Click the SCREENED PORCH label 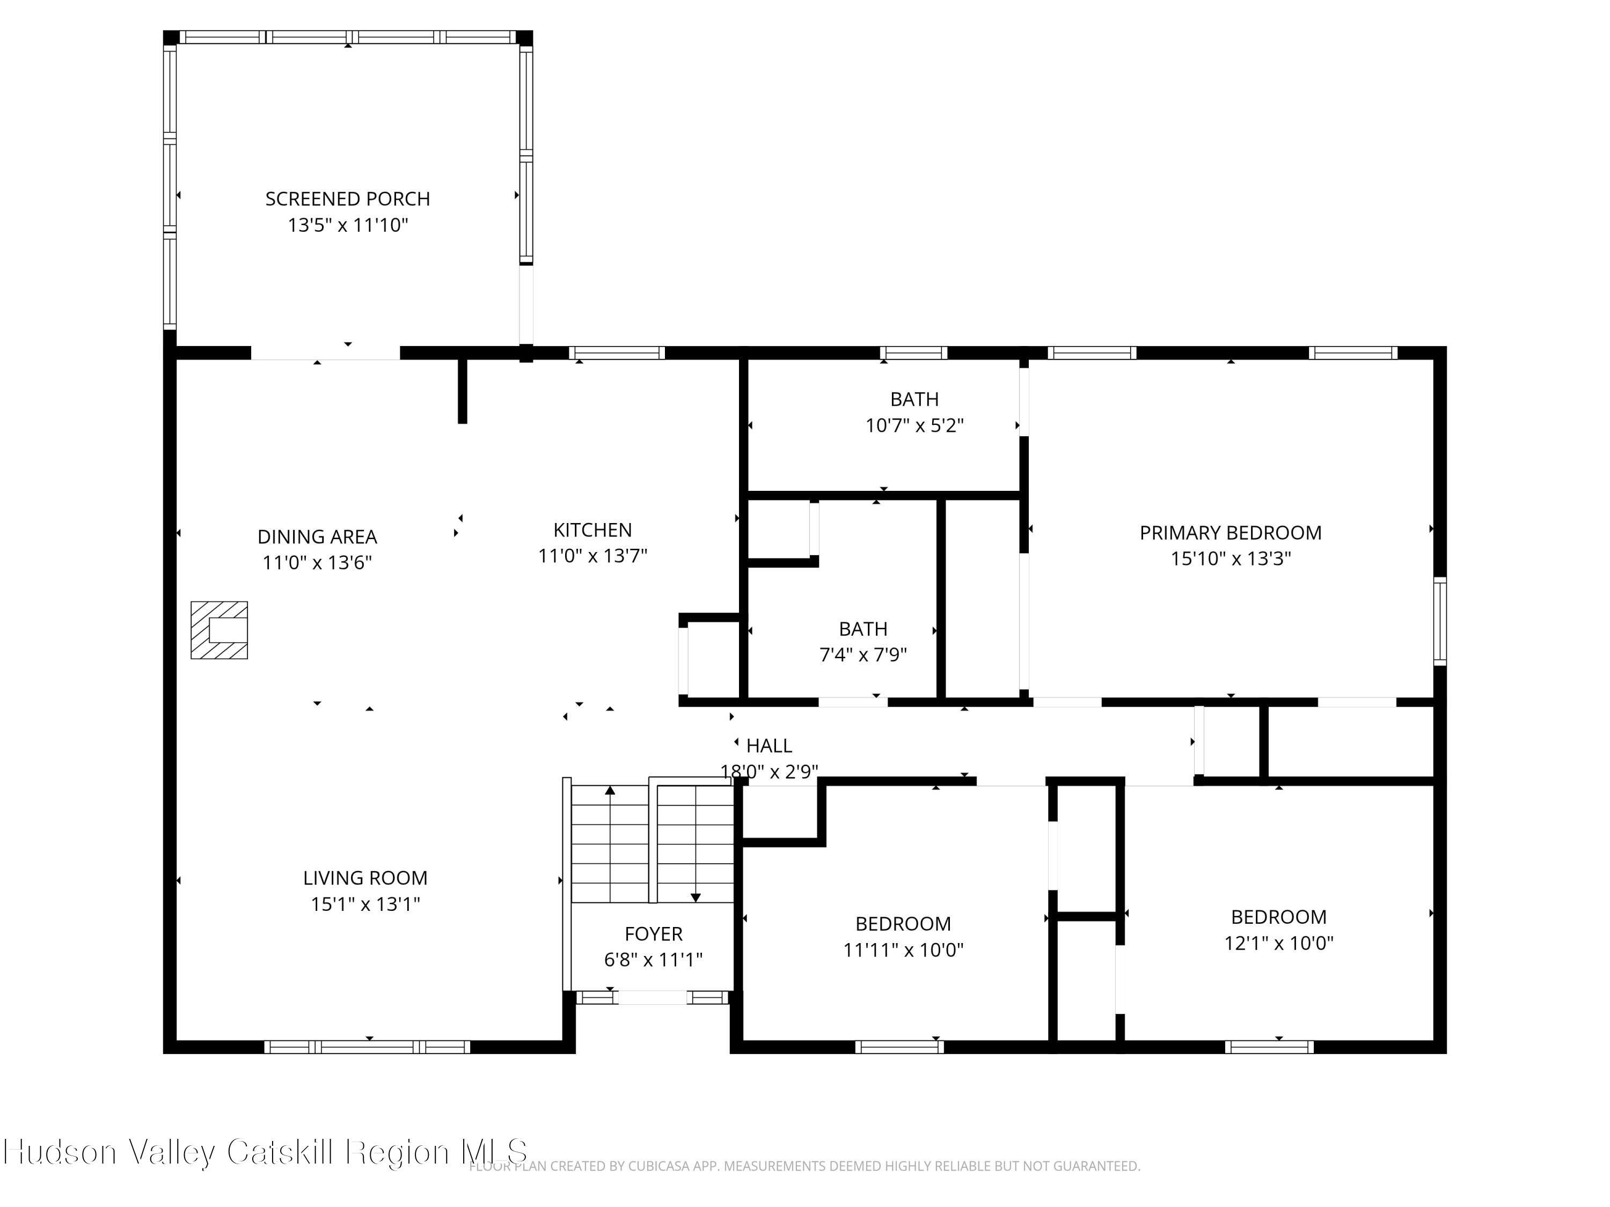pos(347,198)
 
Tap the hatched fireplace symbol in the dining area pos(219,630)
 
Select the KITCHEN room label pos(592,529)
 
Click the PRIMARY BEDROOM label pos(1231,533)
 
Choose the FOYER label pos(654,933)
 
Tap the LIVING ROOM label pos(365,878)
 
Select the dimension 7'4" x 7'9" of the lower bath pos(863,655)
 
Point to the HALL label pos(770,745)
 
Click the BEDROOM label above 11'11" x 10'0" pos(903,923)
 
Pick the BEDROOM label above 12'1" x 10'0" pos(1279,917)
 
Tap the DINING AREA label pos(317,536)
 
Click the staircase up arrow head pos(610,790)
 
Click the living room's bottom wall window pos(367,1047)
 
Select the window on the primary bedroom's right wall pos(1440,621)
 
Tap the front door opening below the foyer pos(652,997)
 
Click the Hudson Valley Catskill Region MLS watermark pos(265,1152)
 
